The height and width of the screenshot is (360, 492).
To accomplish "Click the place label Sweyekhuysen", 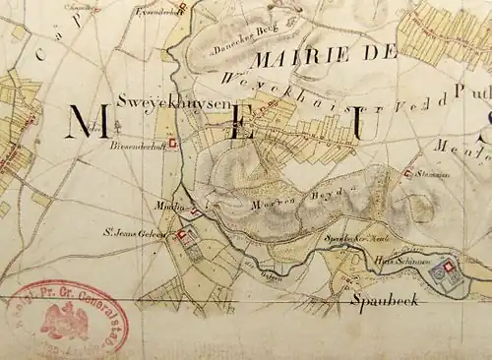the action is pos(160,101).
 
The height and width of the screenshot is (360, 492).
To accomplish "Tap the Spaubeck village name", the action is pos(385,299).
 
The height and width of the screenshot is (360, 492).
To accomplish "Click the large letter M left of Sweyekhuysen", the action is pos(86,124).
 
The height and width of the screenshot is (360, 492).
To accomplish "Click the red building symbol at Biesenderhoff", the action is pos(174,144).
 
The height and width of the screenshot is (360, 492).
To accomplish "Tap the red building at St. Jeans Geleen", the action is pos(181,235).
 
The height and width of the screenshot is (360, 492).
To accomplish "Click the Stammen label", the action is pos(433,176).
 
